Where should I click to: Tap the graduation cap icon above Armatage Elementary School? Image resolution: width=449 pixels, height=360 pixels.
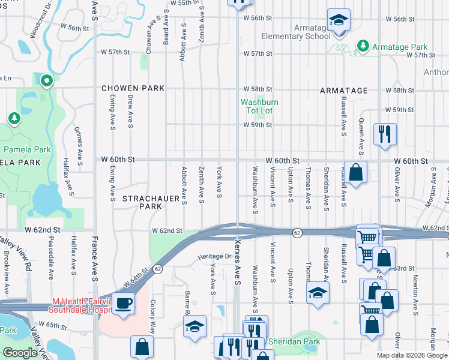pos(338,20)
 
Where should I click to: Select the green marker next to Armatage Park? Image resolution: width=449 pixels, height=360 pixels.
pos(363,46)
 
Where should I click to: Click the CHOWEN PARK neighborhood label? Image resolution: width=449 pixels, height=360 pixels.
pos(133,88)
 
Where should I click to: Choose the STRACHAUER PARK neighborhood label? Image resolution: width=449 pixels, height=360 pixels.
pos(142,202)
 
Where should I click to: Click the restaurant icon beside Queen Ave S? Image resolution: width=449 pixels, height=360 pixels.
pos(384,134)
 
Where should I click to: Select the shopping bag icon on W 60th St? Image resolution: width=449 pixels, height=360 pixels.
pos(355,172)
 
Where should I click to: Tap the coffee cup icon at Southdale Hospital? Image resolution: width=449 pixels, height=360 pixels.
pos(124,303)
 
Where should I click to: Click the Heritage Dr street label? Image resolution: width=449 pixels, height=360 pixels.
pos(215,256)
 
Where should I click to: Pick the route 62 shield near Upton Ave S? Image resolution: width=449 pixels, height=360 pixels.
pos(297,232)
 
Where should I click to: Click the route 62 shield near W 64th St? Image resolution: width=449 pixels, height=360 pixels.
pos(157,268)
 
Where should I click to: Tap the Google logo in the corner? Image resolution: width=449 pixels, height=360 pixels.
pos(20,352)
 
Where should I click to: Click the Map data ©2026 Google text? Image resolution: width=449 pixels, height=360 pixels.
pos(412,355)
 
